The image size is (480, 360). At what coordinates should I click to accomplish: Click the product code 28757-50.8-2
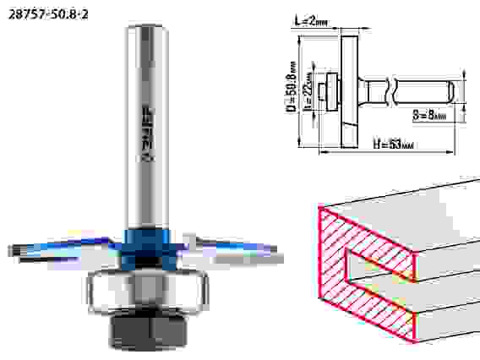48,14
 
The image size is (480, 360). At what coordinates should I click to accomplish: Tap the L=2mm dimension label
311,21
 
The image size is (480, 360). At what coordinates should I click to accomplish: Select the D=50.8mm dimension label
292,87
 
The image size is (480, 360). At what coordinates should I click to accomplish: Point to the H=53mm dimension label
393,144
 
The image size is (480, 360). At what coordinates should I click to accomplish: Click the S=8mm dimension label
429,115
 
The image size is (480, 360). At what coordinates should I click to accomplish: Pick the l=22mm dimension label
308,91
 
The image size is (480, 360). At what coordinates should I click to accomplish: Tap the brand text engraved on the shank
149,134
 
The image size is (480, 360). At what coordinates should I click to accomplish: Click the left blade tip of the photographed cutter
10,251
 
